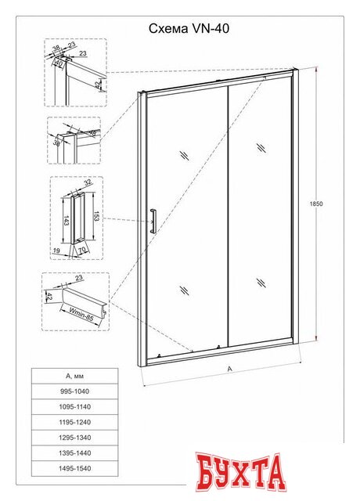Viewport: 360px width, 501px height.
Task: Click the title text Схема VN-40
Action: [x=189, y=29]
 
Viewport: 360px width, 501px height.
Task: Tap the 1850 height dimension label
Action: [x=316, y=204]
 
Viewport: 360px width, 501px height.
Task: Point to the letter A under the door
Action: [x=229, y=369]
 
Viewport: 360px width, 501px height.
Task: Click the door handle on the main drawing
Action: [x=153, y=221]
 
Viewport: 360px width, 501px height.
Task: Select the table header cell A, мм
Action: [x=75, y=376]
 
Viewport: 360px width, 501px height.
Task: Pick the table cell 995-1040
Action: [x=75, y=391]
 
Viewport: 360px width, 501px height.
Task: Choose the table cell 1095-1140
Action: [x=75, y=407]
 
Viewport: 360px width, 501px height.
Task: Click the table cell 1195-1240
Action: [x=75, y=422]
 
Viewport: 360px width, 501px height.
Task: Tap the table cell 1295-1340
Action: [x=75, y=438]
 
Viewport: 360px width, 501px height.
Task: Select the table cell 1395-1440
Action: [x=75, y=452]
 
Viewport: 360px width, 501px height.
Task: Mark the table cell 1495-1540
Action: [x=75, y=468]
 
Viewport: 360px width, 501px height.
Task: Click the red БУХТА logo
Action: [x=240, y=471]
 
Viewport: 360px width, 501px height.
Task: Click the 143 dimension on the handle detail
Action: [x=66, y=221]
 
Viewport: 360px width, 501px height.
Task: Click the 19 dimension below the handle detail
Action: [x=56, y=250]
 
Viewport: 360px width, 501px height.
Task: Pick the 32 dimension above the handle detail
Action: [x=88, y=182]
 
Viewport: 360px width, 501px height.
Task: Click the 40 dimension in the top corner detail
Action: [x=59, y=63]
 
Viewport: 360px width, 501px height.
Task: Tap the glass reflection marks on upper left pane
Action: [x=185, y=155]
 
